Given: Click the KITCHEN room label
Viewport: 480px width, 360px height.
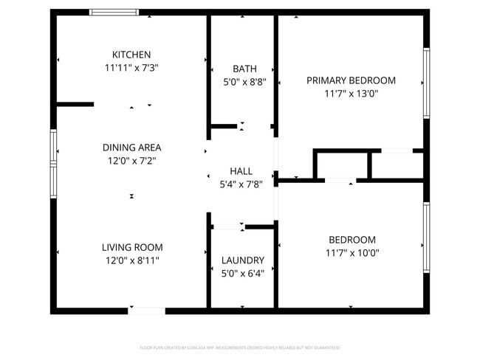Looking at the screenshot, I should pos(131,55).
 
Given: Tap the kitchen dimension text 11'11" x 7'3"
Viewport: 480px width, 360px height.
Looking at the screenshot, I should pos(131,67).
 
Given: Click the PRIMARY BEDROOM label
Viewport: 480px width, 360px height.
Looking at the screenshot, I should pos(351,80).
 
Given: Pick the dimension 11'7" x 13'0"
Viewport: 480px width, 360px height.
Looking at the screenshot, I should pos(351,94).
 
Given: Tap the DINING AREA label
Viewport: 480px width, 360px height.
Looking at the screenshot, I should pos(131,148).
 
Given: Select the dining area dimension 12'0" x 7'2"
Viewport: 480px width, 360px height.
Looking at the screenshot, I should pos(131,160).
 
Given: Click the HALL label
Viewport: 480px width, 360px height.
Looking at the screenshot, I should pos(241,171).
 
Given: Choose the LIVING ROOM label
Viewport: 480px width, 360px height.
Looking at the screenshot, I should pos(132,247).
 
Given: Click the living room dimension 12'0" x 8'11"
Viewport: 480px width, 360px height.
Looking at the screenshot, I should pos(132,260).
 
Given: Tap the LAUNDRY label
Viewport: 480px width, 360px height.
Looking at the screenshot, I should pos(243,260).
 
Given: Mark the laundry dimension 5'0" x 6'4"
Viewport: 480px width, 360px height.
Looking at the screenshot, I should pos(243,273).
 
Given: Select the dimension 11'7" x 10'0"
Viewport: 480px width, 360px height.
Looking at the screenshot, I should pos(352,253).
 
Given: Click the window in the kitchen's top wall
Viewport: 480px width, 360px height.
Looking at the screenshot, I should pos(114,12).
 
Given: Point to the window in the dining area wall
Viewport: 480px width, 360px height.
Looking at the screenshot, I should pos(53,163).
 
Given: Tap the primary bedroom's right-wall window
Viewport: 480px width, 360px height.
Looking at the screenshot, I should pos(426,83).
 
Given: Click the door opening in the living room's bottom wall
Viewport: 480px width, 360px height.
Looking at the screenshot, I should pos(146,311).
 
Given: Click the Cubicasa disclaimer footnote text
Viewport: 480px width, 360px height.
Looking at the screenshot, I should pos(239,347).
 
